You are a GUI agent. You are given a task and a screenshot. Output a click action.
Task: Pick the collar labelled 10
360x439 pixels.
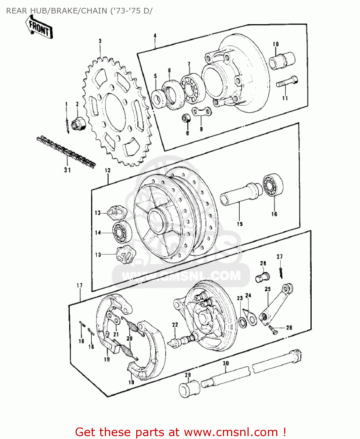pos(282,61)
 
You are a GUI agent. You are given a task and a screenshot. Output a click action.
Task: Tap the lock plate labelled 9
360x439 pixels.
pos(202,111)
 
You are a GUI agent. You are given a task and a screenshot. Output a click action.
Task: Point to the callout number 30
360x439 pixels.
pos(226,363)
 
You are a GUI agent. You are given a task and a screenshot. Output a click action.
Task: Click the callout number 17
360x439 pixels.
pos(79,285)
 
